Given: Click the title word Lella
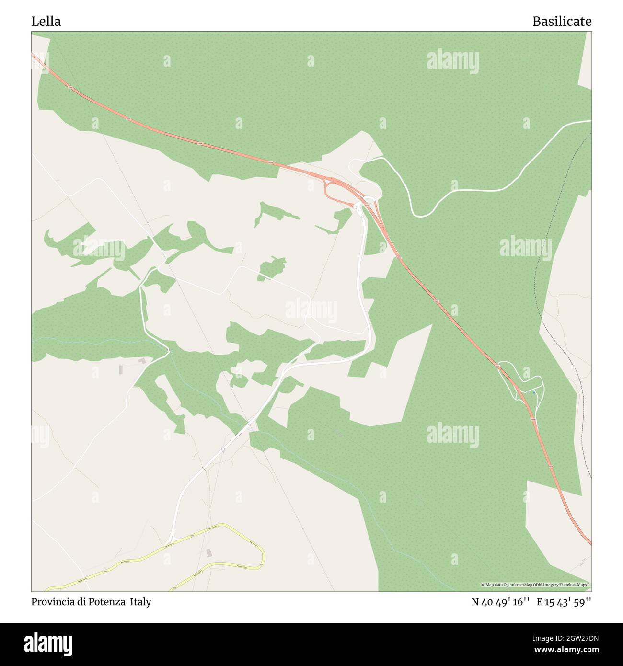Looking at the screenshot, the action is tap(46, 22).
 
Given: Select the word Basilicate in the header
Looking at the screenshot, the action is tap(562, 22).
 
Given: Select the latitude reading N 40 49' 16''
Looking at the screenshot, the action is tap(500, 602).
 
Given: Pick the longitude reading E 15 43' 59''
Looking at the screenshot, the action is tap(564, 602).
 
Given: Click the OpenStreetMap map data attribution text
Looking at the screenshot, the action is tap(535, 585).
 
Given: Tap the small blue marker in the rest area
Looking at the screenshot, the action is tap(534, 393).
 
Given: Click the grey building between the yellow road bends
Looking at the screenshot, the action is tap(208, 553).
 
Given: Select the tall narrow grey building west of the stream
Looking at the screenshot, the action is tap(120, 369).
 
